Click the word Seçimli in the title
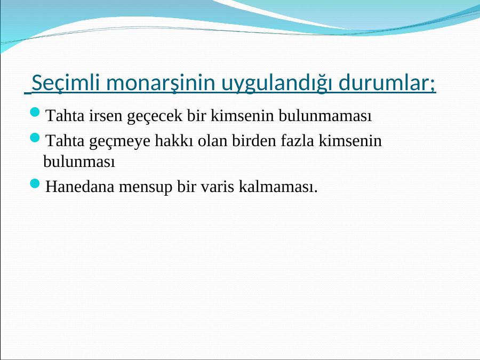(x=66, y=83)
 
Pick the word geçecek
(x=154, y=116)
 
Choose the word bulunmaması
(x=325, y=116)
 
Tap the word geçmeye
(x=119, y=141)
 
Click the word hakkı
(x=174, y=141)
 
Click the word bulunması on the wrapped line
(x=79, y=161)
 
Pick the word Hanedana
(x=79, y=186)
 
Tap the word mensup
(x=146, y=187)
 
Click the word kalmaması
(x=278, y=186)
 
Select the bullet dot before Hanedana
(x=35, y=183)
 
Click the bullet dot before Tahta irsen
(x=35, y=112)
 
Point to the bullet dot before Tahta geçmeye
(x=35, y=138)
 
